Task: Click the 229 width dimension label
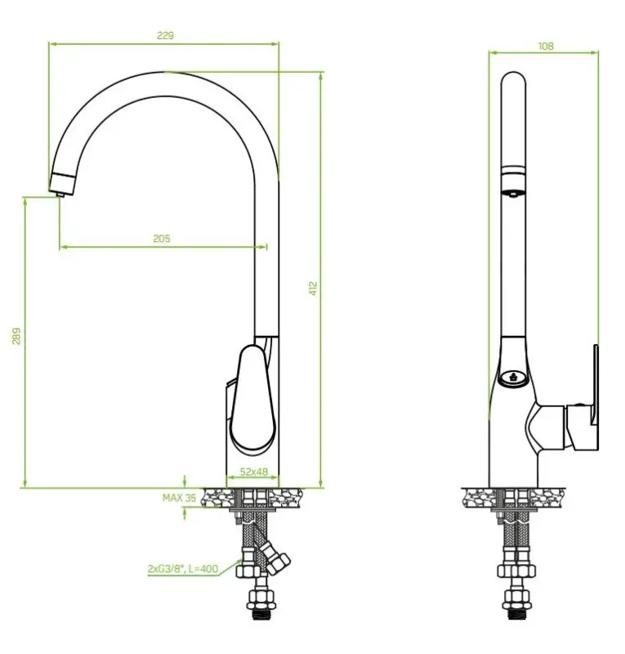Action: pos(164,35)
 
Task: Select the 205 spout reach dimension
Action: pos(162,238)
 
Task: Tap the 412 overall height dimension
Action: pos(313,288)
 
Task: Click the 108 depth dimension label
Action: pos(546,46)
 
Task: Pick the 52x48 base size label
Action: pos(253,473)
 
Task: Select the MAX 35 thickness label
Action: pos(179,497)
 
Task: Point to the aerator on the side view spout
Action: pos(511,193)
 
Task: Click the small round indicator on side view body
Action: pos(511,377)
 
